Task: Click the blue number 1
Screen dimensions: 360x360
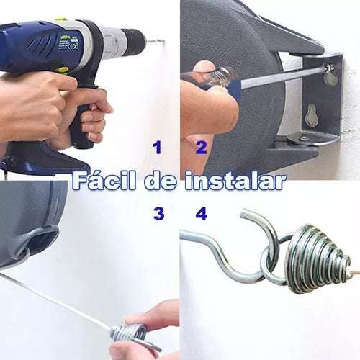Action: pos(157,148)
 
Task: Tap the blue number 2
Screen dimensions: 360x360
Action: pos(201,148)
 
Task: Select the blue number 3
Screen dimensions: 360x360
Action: pos(159,214)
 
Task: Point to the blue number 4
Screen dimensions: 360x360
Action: pos(202,214)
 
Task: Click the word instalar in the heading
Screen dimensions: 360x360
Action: pos(235,181)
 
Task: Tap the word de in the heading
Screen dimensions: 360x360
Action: pos(161,181)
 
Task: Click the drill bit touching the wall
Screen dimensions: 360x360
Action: pos(153,41)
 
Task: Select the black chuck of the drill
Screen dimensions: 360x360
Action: pos(131,43)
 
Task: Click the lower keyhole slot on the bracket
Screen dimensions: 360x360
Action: pos(311,115)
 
